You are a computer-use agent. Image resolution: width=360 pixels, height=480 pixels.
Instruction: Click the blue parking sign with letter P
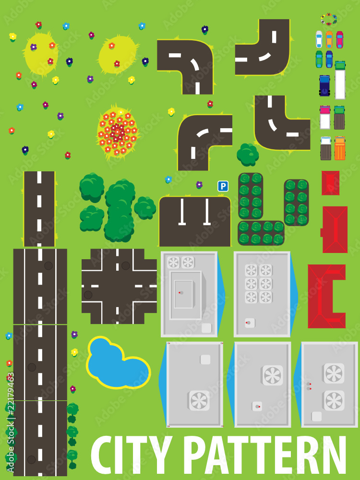point(223,186)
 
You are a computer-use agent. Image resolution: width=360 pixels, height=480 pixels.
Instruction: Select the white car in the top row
point(319,39)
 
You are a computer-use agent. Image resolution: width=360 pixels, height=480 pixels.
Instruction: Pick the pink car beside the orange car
point(340,39)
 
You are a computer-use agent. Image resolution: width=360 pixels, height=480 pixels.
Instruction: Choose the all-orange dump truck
point(340,148)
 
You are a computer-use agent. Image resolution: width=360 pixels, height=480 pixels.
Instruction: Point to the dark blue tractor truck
point(325,86)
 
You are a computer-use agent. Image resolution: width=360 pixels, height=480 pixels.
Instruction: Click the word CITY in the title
point(130,456)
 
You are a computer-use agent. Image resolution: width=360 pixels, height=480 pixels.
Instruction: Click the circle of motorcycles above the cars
point(329,20)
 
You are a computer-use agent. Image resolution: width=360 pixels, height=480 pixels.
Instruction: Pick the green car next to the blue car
point(319,59)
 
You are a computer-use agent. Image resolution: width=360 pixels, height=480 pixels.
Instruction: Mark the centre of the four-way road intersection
point(119,286)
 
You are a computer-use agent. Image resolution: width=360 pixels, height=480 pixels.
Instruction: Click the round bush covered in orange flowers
point(117,132)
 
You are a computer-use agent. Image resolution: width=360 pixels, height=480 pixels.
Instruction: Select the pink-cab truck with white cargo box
point(325,118)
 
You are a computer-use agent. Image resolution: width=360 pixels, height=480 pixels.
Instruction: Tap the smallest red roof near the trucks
point(330,183)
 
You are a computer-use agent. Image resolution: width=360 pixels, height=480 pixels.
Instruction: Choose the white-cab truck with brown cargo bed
point(325,148)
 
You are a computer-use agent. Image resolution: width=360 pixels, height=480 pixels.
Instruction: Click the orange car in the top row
point(329,39)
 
